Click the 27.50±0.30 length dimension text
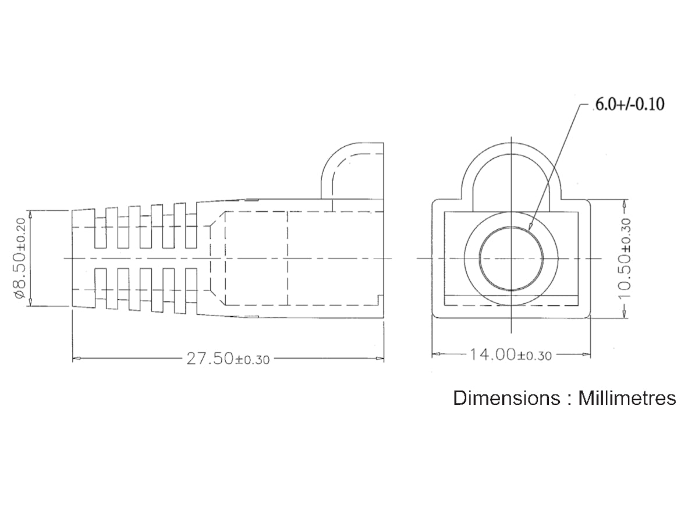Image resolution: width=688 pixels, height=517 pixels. coord(228,359)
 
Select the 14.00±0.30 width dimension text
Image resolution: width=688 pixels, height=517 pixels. coord(510,354)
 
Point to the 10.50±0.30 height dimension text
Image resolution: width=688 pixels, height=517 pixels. coord(625,258)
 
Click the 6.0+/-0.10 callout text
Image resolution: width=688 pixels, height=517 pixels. coord(629,104)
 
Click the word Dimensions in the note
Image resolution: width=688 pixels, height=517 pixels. coord(506,398)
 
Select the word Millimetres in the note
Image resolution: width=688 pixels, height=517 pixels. coord(627,398)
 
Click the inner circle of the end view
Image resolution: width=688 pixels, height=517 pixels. coord(511,227)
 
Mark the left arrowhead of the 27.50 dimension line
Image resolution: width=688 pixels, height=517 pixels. coord(76,359)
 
